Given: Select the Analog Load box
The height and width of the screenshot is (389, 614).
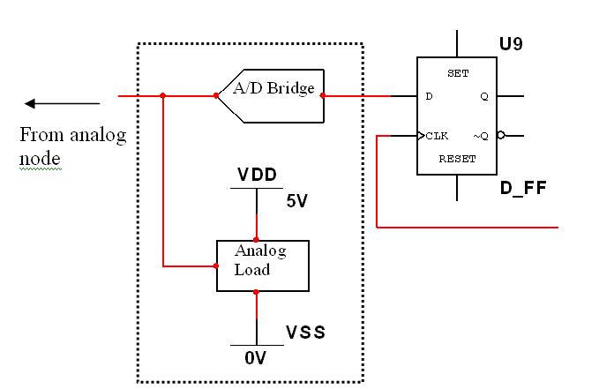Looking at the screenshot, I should pyautogui.click(x=263, y=265).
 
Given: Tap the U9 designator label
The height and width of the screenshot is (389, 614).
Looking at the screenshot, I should pyautogui.click(x=511, y=43).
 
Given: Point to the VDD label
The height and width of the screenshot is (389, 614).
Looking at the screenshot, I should pyautogui.click(x=257, y=175).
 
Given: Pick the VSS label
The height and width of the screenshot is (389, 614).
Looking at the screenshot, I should pyautogui.click(x=305, y=333).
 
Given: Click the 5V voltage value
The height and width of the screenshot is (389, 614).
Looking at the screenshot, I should pyautogui.click(x=296, y=200).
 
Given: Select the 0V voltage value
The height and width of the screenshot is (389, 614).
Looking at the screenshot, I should pyautogui.click(x=255, y=358).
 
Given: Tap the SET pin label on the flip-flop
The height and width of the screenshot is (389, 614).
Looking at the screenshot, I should pyautogui.click(x=458, y=74).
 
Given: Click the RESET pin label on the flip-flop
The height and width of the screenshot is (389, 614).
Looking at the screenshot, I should pyautogui.click(x=457, y=160).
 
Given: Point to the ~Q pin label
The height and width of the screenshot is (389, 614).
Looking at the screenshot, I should pyautogui.click(x=480, y=136).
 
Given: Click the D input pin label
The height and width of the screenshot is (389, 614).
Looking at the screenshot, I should pyautogui.click(x=430, y=96).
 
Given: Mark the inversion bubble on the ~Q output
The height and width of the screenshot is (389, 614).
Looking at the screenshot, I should pyautogui.click(x=501, y=136).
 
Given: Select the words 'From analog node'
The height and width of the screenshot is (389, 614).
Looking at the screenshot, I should pyautogui.click(x=72, y=146).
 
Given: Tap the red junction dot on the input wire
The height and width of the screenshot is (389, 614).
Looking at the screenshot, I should pyautogui.click(x=163, y=95).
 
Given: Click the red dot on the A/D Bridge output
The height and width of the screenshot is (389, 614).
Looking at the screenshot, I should pyautogui.click(x=323, y=95).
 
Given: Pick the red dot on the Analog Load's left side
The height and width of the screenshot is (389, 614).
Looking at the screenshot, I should pyautogui.click(x=217, y=265).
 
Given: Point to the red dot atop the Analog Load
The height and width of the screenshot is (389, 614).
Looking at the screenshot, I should pyautogui.click(x=257, y=239).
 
